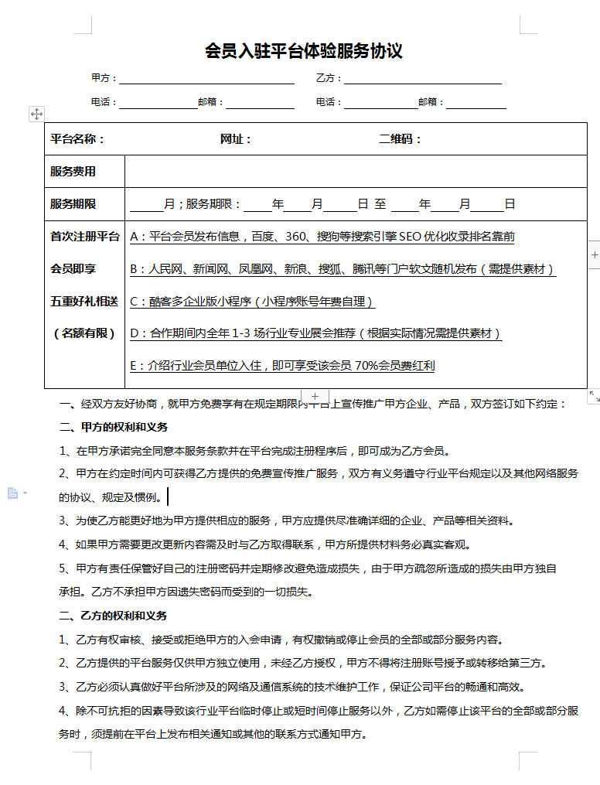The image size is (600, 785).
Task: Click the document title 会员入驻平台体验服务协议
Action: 304,52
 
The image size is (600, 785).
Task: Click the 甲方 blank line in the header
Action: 206,79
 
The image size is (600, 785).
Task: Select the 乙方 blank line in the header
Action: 423,79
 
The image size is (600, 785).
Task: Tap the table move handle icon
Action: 36,114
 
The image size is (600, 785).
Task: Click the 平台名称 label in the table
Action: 77,139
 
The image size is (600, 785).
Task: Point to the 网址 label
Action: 236,139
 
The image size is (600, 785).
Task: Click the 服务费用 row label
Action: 73,172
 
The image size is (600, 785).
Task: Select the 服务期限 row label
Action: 73,204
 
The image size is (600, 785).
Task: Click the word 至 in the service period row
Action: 380,204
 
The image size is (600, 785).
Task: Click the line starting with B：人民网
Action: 343,269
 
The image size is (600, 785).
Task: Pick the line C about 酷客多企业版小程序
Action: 253,302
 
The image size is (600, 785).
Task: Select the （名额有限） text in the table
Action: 84,333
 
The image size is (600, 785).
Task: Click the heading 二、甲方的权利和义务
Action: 114,427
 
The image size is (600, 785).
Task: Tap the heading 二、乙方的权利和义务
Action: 114,616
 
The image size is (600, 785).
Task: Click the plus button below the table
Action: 315,396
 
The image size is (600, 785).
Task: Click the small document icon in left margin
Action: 13,493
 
